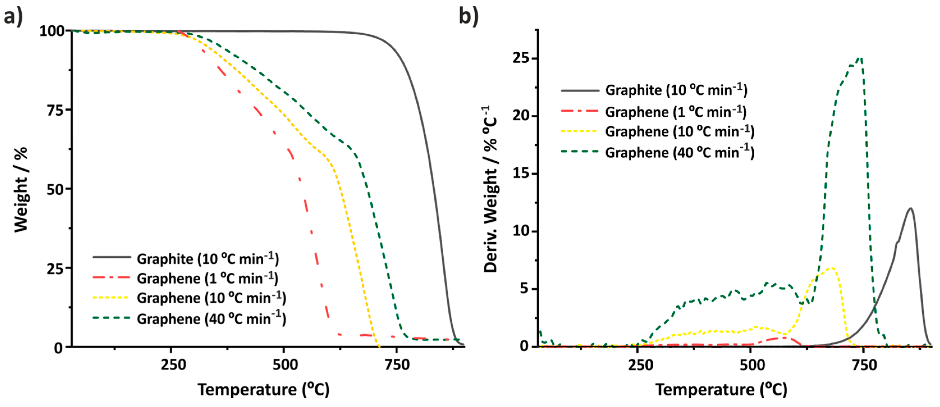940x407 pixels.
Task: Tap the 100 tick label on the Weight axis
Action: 52,31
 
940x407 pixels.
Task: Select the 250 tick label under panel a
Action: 173,365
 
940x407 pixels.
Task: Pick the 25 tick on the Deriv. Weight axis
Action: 522,58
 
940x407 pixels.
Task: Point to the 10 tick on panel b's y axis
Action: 522,231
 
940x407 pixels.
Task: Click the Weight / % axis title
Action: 21,189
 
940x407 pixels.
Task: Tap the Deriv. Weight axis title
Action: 490,189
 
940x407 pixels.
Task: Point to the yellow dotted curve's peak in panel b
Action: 832,268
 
